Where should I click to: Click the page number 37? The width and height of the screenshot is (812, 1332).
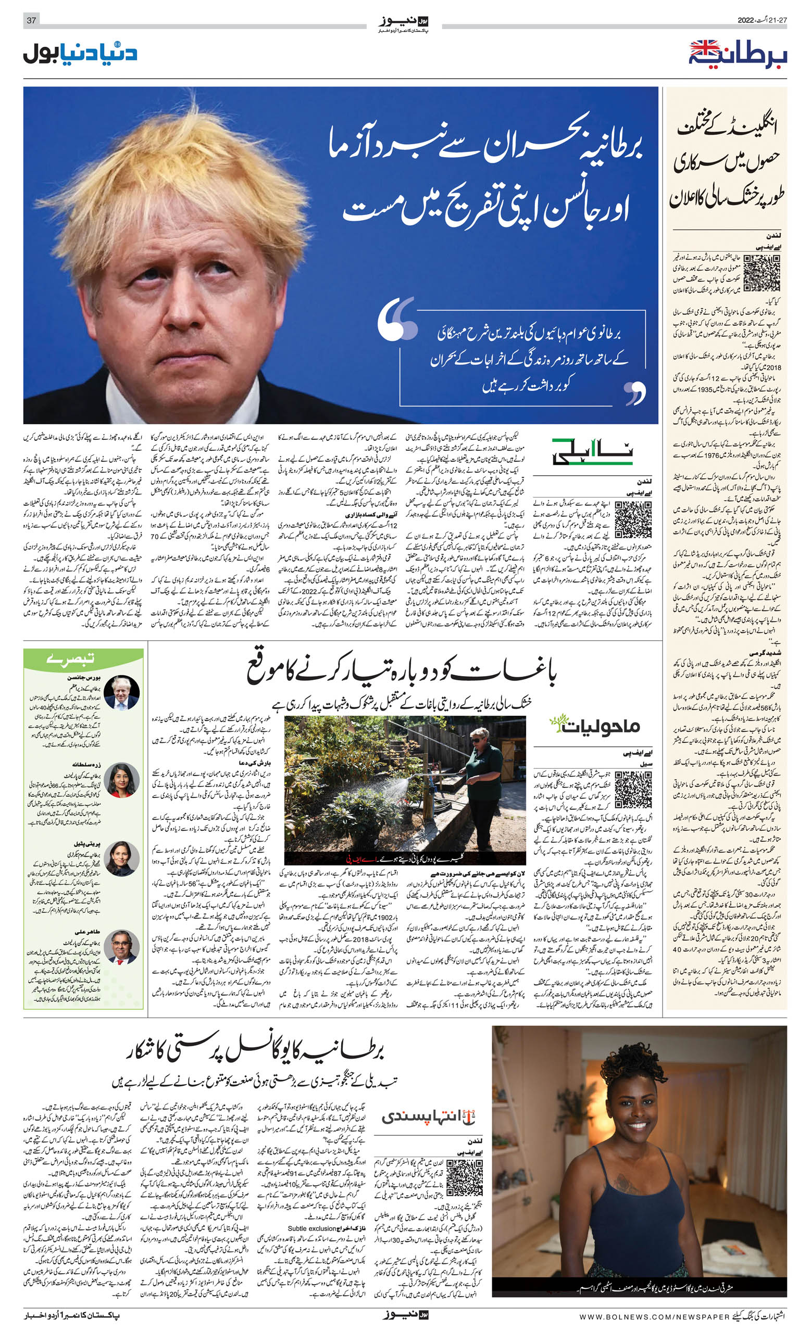tap(31, 20)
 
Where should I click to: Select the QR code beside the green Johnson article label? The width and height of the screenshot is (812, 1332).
tap(633, 519)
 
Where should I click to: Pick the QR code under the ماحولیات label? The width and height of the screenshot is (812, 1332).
tap(633, 790)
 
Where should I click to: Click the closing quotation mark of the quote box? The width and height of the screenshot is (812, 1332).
tap(634, 393)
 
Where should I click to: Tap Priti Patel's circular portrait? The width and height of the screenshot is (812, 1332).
tap(122, 858)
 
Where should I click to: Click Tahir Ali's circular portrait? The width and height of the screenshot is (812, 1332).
tap(122, 947)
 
